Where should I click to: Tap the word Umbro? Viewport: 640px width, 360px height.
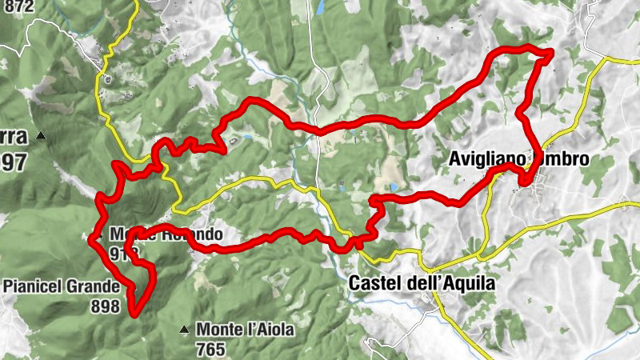[x=563, y=159]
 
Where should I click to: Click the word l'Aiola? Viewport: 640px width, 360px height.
[x=270, y=329]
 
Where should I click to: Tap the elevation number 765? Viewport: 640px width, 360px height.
[x=209, y=349]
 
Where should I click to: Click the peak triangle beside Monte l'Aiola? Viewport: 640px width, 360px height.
[x=185, y=329]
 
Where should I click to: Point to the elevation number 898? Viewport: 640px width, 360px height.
[x=106, y=306]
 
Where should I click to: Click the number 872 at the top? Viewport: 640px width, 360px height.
[x=18, y=7]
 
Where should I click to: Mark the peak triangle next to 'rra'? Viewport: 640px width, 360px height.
[x=41, y=138]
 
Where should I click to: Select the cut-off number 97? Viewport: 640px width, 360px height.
[x=14, y=162]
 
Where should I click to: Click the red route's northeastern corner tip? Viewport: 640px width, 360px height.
[x=551, y=53]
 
